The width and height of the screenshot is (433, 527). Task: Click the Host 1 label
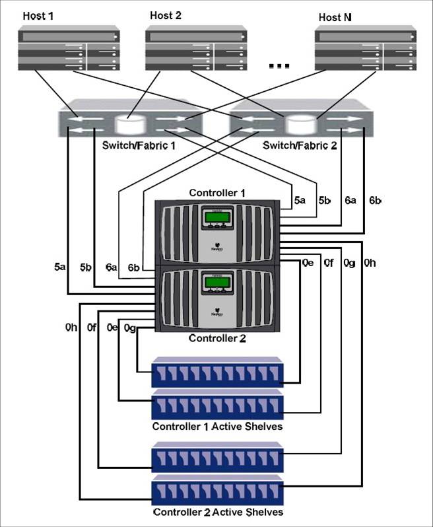[x=38, y=15]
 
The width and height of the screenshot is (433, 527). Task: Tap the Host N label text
[x=334, y=18]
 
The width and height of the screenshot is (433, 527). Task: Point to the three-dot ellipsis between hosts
[x=279, y=66]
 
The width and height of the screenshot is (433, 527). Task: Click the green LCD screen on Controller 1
[x=217, y=218]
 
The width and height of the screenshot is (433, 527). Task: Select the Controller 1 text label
[x=217, y=193]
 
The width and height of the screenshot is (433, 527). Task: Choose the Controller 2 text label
[x=217, y=339]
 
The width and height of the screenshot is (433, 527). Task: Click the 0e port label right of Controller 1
[x=307, y=263]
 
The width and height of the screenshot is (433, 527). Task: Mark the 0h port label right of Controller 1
[x=370, y=263]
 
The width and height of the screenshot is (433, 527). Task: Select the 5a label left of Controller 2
[x=60, y=267]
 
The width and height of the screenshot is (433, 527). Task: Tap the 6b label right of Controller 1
[x=376, y=199]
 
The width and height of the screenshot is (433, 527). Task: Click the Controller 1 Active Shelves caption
[x=217, y=427]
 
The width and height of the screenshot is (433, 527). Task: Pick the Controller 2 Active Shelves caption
[x=217, y=512]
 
